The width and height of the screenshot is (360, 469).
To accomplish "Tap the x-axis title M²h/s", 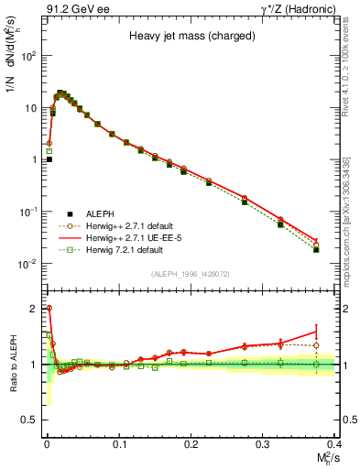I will click(x=325, y=457).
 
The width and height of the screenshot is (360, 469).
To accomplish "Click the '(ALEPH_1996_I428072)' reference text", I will click(x=190, y=274).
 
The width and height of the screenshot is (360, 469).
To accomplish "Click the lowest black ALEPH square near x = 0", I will click(x=49, y=159).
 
